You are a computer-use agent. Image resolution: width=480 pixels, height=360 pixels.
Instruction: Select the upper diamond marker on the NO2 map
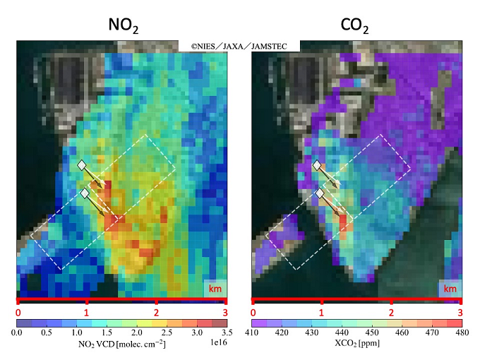82,164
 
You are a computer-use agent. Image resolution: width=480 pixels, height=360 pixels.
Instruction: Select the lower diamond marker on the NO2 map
85,193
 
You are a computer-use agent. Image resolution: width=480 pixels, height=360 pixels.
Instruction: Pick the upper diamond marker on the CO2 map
317,164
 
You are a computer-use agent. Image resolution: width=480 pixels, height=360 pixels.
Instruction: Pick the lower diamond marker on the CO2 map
320,193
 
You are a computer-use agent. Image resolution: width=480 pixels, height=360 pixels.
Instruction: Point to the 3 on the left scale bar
224,311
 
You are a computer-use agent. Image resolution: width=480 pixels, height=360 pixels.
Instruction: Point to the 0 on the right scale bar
253,311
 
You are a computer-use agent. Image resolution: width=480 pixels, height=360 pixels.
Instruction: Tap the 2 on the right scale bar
391,311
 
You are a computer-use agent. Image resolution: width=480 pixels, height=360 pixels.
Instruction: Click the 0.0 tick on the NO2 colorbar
18,332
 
